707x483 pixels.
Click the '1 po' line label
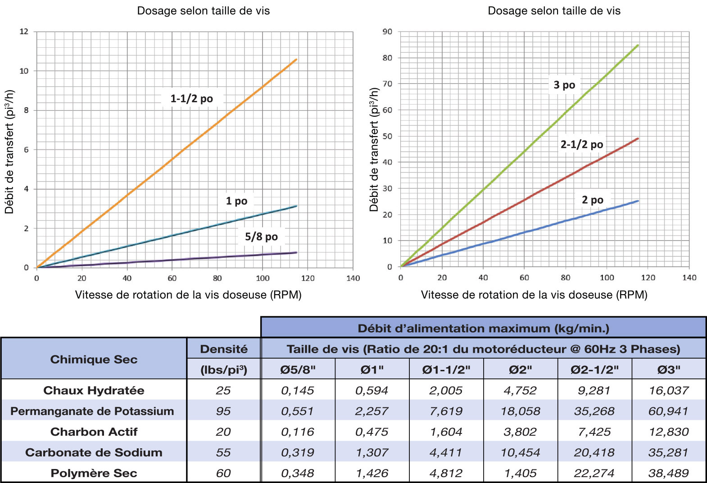point(236,201)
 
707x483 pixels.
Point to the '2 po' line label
point(592,200)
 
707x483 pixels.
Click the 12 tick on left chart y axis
point(24,32)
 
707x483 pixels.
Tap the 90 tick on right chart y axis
point(387,32)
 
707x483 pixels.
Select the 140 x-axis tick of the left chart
point(353,278)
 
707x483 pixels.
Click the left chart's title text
point(203,11)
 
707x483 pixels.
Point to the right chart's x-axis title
point(534,295)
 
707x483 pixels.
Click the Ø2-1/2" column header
point(594,370)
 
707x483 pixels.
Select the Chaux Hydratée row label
point(94,390)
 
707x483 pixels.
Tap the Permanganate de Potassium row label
point(92,411)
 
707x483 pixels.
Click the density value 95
point(223,411)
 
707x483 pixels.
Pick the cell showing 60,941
point(668,411)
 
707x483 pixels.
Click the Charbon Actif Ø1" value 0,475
point(372,432)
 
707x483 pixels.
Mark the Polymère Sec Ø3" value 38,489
point(668,473)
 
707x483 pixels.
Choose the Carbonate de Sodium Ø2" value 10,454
point(520,452)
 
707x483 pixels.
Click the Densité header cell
point(224,349)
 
